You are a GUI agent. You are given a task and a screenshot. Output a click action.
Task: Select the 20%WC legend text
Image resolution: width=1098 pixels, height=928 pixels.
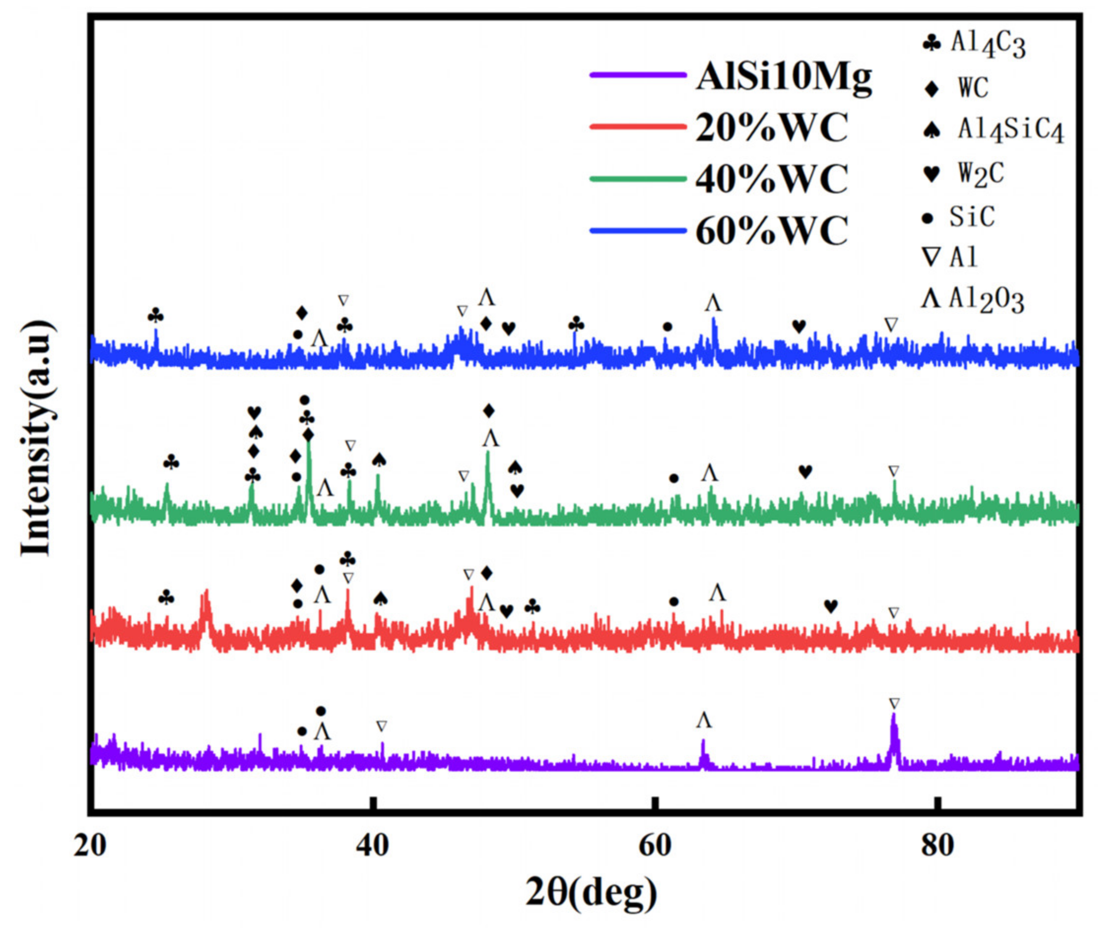pos(771,128)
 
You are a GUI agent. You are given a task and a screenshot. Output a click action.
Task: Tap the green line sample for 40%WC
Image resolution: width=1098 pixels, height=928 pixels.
pos(637,179)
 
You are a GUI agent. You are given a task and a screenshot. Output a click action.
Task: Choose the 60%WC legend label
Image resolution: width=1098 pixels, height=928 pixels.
pos(771,231)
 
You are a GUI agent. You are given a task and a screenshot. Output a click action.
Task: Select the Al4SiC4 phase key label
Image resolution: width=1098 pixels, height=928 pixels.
pos(1010,131)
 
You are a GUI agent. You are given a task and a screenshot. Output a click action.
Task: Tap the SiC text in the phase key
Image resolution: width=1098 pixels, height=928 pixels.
pos(972,217)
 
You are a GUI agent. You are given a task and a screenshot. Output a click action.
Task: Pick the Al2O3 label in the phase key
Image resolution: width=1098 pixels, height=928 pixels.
pos(987,301)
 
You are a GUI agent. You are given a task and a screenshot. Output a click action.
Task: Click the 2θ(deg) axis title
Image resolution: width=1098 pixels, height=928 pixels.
pos(591,892)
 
